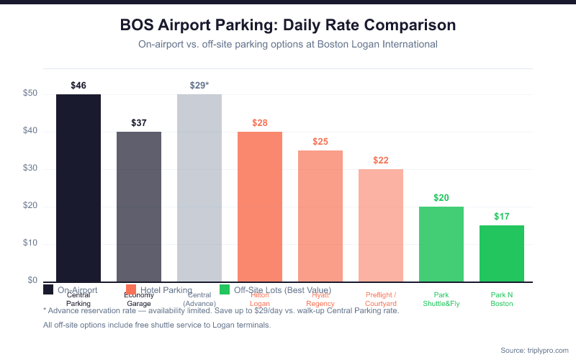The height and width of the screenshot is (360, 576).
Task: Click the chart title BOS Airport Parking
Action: point(288,25)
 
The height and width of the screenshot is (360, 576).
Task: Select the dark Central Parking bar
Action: point(78,187)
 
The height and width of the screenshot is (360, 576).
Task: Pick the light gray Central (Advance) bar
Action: point(199,187)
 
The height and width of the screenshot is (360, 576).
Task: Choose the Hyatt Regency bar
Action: point(320,215)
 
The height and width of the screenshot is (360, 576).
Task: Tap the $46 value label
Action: point(78,86)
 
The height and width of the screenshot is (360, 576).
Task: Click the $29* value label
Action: point(199,86)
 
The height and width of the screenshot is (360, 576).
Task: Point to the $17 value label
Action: point(502,216)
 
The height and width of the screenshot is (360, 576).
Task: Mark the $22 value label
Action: point(381,160)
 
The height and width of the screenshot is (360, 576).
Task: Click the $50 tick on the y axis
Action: point(30,94)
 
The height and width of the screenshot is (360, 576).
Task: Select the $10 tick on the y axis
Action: point(30,243)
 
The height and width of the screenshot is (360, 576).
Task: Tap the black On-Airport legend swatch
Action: point(48,289)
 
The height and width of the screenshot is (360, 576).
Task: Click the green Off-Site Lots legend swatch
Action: point(225,289)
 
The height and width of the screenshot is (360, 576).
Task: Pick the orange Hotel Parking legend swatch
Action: point(130,289)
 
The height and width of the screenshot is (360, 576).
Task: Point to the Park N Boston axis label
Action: point(502,299)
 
